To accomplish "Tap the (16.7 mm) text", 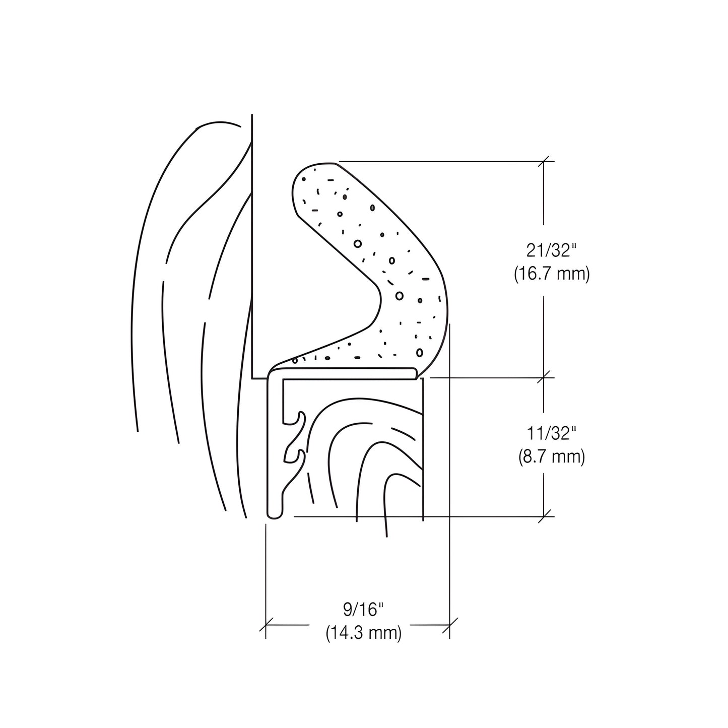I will click(552, 275).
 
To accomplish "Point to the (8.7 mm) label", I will click(552, 457).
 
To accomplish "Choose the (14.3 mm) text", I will click(363, 633).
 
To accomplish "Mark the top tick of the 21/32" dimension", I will click(544, 161).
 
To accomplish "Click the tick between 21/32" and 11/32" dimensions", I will click(544, 377).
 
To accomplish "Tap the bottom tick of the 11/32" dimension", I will click(544, 516).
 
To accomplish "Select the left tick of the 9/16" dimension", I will click(266, 625).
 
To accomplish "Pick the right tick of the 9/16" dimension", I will click(449, 625).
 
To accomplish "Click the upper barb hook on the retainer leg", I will click(301, 416).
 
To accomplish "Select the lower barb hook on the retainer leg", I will click(301, 454).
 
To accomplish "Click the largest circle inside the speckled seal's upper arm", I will click(358, 244).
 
